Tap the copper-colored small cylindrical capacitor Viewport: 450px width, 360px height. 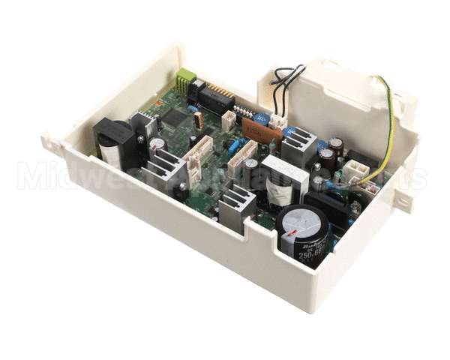(197, 119)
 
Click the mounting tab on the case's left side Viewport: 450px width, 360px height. (52, 142)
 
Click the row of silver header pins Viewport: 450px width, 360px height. (244, 112)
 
